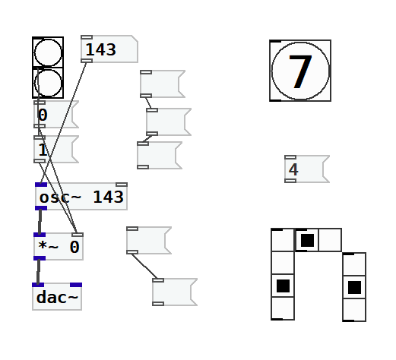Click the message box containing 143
coord(109,49)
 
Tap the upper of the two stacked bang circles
coord(48,52)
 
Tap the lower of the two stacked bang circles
coord(48,83)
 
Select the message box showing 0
coord(56,114)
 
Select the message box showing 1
coord(56,149)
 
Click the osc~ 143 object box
coord(81,196)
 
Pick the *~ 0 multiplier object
coord(59,246)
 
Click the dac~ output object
coord(57,296)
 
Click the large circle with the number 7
coord(300,71)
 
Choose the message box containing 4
coord(307,169)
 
